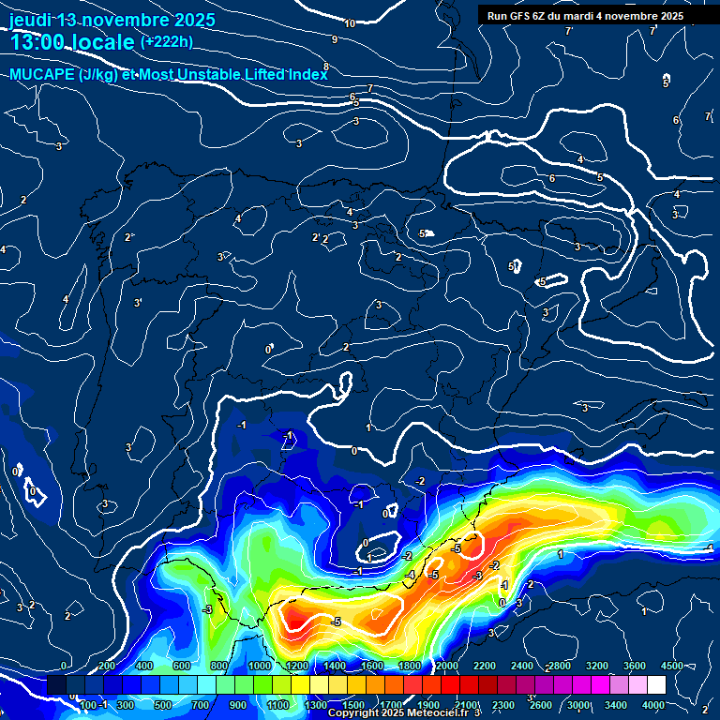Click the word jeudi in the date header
(x=30, y=20)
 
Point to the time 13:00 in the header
(x=39, y=42)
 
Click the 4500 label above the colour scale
(x=671, y=666)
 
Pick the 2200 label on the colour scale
(x=484, y=666)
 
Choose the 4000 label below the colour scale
(x=652, y=705)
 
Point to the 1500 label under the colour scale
(x=352, y=705)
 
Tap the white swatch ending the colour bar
(x=656, y=685)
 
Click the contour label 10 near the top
(x=350, y=23)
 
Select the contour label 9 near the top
(x=335, y=39)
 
